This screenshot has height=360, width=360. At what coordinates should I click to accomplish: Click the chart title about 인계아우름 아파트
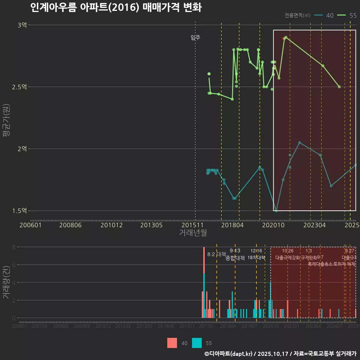pos(115,8)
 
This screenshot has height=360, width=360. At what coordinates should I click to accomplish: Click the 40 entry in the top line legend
pos(330,15)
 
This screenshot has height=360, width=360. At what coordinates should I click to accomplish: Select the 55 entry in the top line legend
pos(352,15)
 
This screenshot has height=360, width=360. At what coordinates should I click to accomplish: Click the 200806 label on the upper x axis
pos(71,225)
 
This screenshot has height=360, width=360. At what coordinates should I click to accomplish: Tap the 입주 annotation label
pos(195,37)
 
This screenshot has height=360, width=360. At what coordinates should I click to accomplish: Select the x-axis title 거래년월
pos(193,232)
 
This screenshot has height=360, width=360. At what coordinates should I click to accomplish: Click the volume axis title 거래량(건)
pos(6,282)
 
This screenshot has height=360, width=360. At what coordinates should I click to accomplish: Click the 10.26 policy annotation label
pos(288,251)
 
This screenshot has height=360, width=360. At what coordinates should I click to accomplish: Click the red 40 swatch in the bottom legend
pos(172,343)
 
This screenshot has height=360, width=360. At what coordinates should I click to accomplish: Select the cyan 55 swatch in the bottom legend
pos(197,343)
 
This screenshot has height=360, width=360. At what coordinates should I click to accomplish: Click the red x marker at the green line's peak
pos(283,39)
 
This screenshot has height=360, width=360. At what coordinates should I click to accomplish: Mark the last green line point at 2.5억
pos(339,87)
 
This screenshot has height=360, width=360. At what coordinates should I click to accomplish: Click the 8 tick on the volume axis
pos(13,247)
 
